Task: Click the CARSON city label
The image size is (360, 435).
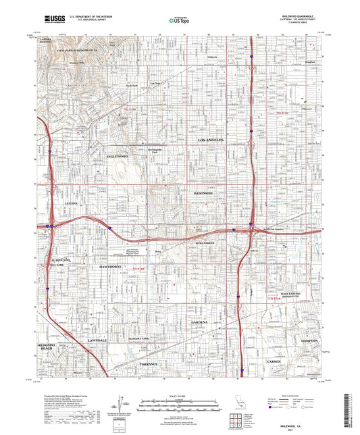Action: [274, 362]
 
